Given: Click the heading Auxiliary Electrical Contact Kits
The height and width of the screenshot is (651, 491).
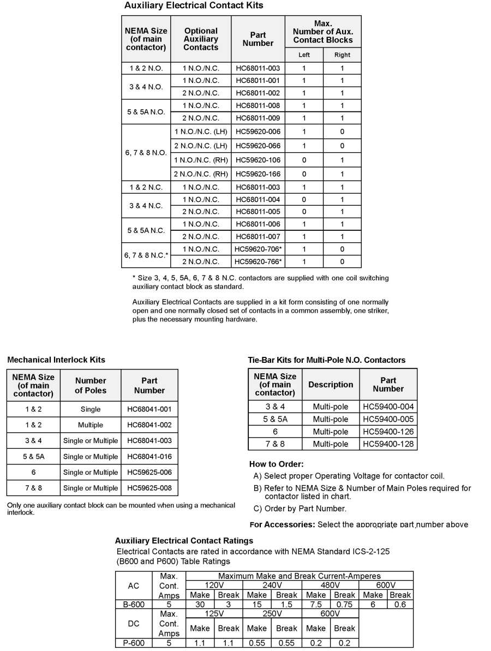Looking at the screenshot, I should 194,5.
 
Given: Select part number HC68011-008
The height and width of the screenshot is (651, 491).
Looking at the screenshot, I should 258,105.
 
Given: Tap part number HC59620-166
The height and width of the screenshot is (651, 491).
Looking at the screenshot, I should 258,174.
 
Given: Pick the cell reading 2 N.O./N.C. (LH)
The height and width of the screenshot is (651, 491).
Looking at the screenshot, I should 200,146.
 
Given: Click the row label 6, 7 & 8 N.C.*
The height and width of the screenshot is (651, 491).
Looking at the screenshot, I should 146,255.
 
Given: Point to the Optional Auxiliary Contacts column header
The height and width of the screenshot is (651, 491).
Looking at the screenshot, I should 200,39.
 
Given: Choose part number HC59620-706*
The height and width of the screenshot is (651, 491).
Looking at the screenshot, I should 258,248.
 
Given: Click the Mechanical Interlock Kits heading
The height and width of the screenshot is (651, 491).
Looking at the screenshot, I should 56,360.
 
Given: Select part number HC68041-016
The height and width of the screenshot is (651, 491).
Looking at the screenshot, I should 149,456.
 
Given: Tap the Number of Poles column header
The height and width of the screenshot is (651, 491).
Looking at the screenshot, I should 91,385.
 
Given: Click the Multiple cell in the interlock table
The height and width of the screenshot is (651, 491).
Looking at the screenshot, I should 91,425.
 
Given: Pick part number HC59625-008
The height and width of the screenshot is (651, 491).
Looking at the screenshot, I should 149,488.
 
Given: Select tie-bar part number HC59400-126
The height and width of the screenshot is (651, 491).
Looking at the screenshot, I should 388,432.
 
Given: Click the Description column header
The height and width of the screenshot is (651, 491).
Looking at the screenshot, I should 331,385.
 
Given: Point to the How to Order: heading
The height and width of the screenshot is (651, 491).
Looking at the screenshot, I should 276,464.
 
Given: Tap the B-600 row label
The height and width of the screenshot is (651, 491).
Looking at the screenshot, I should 134,604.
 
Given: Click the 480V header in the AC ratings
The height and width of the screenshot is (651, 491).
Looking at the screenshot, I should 330,586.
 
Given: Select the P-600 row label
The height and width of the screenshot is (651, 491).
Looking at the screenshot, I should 134,643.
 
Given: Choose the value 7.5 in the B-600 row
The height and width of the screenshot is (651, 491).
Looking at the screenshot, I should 316,604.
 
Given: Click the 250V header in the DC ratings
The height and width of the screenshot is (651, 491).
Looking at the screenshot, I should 271,613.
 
